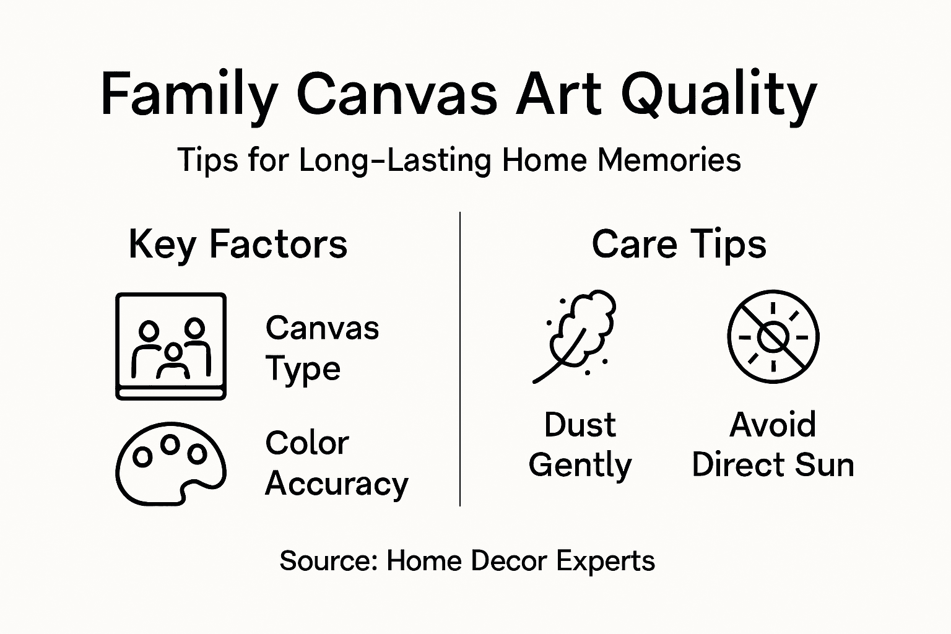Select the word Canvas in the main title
coord(397,95)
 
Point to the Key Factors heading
coord(238,244)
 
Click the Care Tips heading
coord(679,244)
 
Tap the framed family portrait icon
coord(171,346)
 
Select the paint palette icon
coord(170,464)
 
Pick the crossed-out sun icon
coord(773,337)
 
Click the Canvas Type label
coord(322,348)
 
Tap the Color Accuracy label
coord(336,463)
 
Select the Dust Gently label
coord(580,445)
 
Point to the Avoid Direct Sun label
coord(773,445)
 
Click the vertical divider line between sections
coord(460,359)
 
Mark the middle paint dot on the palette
coord(170,443)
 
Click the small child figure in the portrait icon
coord(173,362)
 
